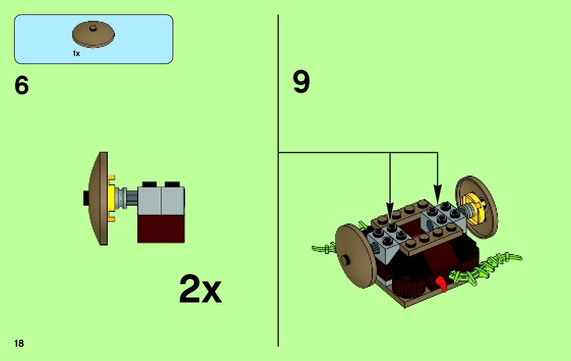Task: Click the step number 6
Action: coord(22,86)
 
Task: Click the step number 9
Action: coord(301,82)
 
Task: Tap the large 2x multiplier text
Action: coord(200,290)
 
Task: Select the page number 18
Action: coord(19,344)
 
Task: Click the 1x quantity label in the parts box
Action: coord(76,53)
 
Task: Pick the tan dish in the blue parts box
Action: coord(94,35)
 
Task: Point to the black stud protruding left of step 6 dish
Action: coord(86,198)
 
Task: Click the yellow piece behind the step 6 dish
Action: coord(111,199)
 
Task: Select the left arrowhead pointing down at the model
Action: coord(390,211)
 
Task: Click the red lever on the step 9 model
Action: coord(442,283)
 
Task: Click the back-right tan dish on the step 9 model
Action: coord(477,206)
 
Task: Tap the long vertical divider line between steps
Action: coord(278,255)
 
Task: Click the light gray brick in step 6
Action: coord(161,200)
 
